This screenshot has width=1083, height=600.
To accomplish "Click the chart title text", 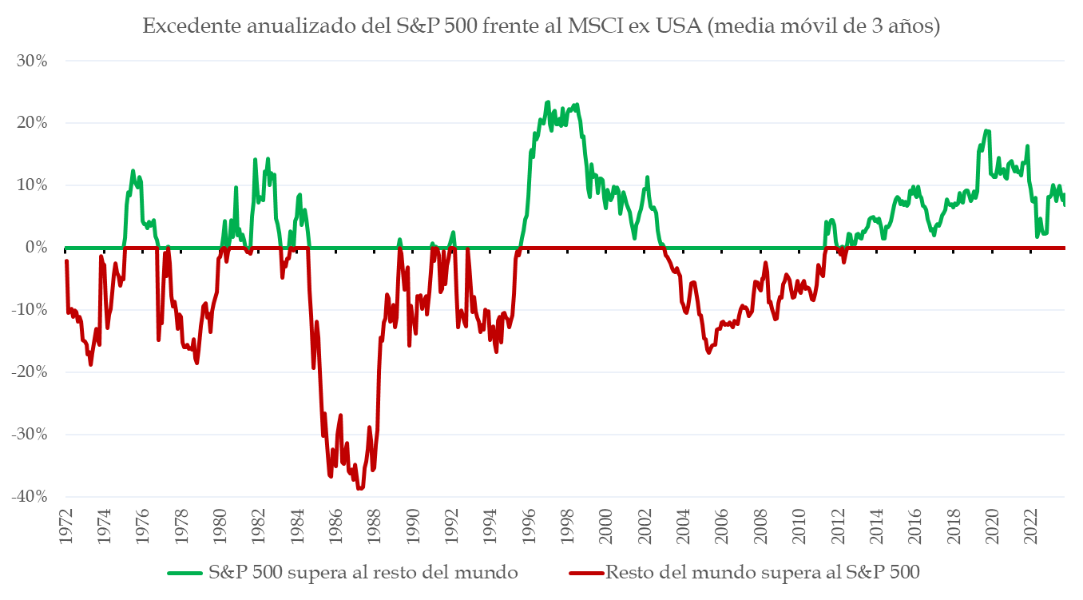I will pos(541,26).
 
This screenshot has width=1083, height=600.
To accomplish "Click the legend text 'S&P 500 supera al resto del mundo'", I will pos(363,573).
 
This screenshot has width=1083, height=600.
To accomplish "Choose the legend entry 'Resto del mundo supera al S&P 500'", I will pos(763,573).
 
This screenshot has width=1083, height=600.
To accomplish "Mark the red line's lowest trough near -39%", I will pos(359,488).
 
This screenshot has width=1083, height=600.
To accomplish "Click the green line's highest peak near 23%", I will pos(548,102).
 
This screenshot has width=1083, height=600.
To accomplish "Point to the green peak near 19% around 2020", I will pos(987,131).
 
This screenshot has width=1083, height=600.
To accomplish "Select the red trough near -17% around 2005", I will pos(708,352).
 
